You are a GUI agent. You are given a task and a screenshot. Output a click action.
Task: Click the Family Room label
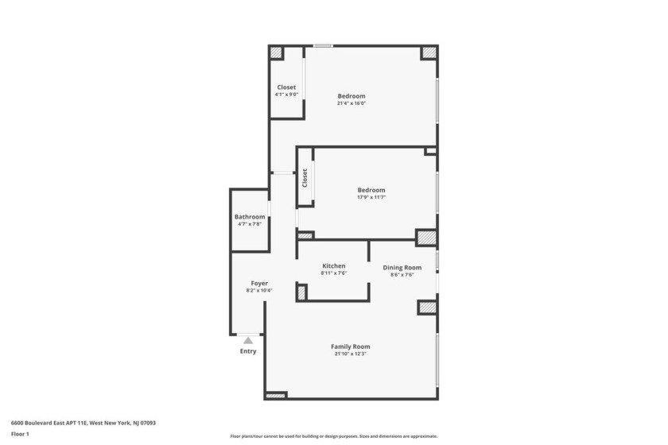pos(351,346)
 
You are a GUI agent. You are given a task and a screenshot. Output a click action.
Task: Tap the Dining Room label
pos(402,268)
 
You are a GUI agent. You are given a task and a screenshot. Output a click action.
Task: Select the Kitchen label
pos(334,265)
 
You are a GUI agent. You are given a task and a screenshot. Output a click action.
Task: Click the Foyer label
pos(259,283)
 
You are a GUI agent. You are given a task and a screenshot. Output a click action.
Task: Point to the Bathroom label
pos(250,217)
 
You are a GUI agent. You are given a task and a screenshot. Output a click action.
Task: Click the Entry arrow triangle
pos(248,340)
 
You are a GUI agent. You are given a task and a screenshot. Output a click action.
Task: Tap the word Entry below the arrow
pos(248,351)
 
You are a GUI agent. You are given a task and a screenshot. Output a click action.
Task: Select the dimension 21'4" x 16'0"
pos(351,103)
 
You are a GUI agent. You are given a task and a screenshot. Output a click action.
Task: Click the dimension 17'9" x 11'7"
pos(371,197)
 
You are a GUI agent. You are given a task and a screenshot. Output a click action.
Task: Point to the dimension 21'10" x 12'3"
pos(351,354)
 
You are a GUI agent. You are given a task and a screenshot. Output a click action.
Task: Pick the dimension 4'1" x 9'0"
pos(286,95)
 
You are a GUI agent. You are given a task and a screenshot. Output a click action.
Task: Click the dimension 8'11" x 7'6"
pos(334,273)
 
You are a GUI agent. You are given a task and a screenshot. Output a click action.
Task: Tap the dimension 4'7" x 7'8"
pos(250,224)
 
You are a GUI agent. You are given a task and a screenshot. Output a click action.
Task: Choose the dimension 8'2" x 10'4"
pos(259,290)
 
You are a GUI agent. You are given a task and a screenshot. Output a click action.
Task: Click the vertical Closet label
pos(305,177)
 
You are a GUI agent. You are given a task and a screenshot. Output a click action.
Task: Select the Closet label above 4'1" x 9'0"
pos(286,87)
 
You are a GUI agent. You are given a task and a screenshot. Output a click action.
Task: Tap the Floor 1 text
pos(20,434)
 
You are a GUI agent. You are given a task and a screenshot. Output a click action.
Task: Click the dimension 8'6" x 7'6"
pos(402,275)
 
